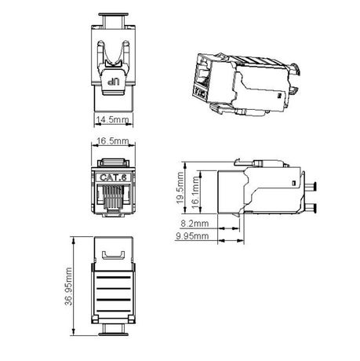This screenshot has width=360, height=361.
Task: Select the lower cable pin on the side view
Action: [311, 209]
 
